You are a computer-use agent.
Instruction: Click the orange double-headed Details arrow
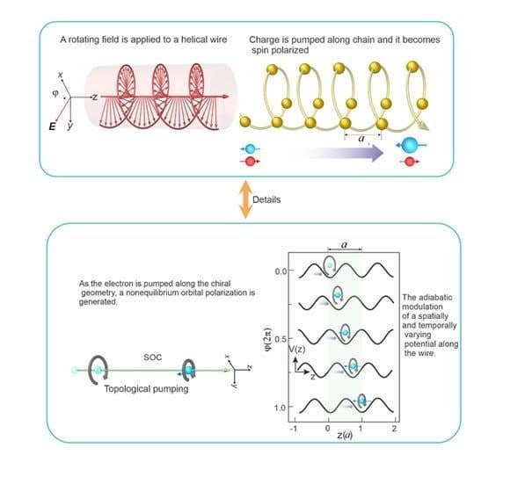(x=245, y=199)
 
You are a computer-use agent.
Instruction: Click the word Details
(x=266, y=199)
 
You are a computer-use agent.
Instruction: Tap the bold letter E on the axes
(x=53, y=126)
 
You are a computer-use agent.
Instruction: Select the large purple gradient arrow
(x=339, y=154)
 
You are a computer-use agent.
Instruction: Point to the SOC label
(x=153, y=357)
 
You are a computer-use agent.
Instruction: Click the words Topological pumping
(x=146, y=388)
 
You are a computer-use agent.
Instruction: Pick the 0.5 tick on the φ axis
(x=281, y=339)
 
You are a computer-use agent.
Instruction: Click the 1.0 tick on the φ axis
(x=281, y=408)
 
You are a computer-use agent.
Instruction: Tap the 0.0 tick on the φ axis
(x=281, y=271)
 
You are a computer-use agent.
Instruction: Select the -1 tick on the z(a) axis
(x=294, y=429)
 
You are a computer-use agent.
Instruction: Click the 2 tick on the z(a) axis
(x=395, y=429)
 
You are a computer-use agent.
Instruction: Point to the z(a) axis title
(x=345, y=435)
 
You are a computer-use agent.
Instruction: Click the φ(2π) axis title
(x=268, y=338)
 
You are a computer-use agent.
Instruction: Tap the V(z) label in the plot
(x=297, y=350)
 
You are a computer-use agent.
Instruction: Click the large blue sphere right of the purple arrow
(x=410, y=145)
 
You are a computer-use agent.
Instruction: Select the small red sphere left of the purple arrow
(x=250, y=162)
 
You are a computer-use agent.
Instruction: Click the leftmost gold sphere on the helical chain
(x=245, y=121)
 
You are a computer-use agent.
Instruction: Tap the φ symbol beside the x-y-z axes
(x=55, y=93)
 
